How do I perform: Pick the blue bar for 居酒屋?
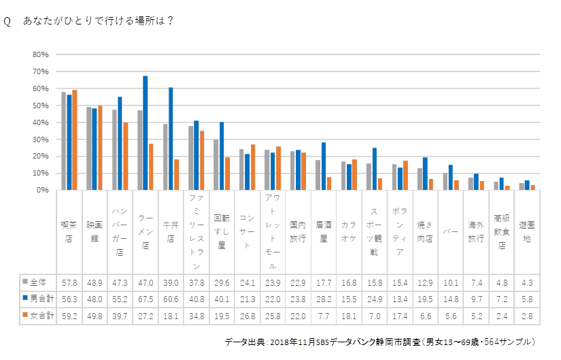[x=324, y=167]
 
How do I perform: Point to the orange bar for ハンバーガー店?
[x=125, y=157]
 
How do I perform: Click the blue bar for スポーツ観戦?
[x=375, y=169]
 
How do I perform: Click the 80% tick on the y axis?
[x=40, y=54]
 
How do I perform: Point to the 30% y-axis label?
[x=40, y=140]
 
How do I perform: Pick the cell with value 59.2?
[x=69, y=316]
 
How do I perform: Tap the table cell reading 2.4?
[x=501, y=316]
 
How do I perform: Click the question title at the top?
[x=88, y=20]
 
